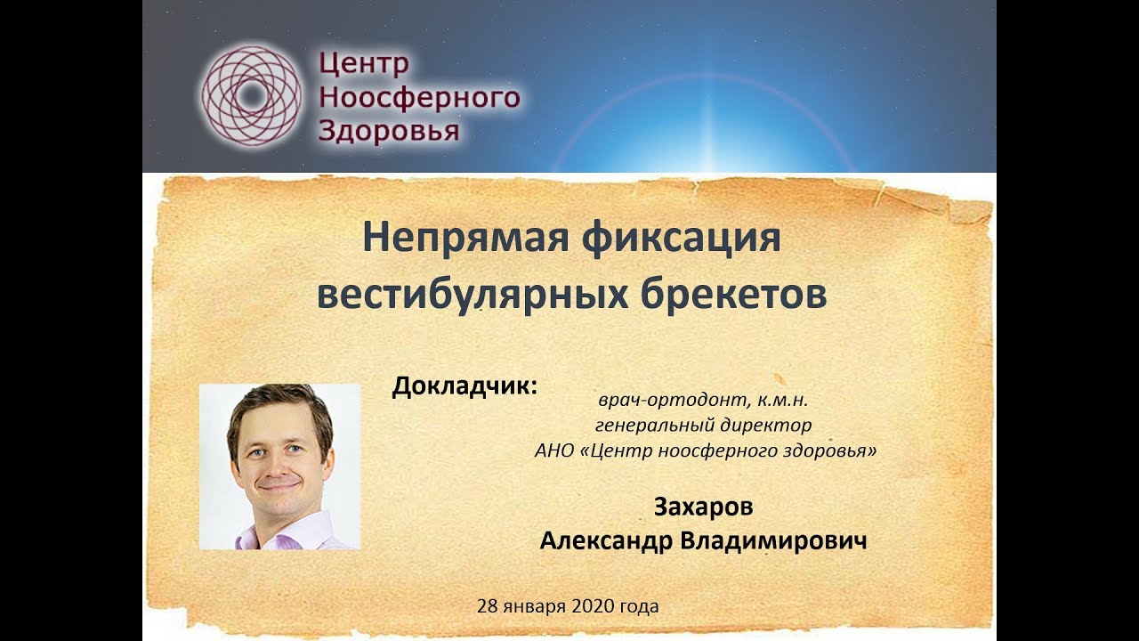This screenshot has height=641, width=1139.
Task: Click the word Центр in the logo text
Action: (x=363, y=63)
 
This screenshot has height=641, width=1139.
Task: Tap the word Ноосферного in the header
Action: (x=418, y=97)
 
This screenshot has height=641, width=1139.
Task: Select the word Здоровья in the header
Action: (x=389, y=131)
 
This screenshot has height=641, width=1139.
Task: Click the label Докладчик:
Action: (x=465, y=388)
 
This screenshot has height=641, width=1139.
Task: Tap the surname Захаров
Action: (x=703, y=507)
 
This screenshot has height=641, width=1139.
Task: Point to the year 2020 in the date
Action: (x=585, y=607)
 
